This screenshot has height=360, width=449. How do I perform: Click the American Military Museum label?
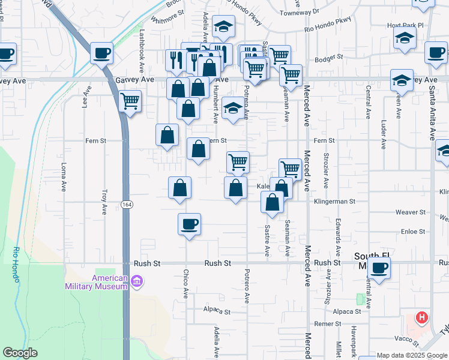pos(97,282)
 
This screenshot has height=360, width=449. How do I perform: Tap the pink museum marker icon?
pos(137,281)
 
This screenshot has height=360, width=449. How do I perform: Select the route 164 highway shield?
pos(126,205)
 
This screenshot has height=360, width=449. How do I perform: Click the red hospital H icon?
pos(423,317)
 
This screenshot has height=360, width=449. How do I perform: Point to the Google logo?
pos(20,353)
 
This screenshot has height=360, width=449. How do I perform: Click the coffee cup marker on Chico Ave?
pos(189,225)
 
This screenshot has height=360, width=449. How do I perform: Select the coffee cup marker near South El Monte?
pos(379,268)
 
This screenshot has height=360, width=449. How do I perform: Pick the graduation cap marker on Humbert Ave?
pos(233,109)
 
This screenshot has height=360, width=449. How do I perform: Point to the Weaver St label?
pos(410,212)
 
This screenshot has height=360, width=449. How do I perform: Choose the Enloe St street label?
pos(413,231)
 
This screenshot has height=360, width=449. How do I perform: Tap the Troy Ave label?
pos(104,202)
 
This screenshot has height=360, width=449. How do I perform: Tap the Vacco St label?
pos(406,339)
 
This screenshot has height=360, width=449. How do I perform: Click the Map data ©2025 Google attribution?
pos(411,355)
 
